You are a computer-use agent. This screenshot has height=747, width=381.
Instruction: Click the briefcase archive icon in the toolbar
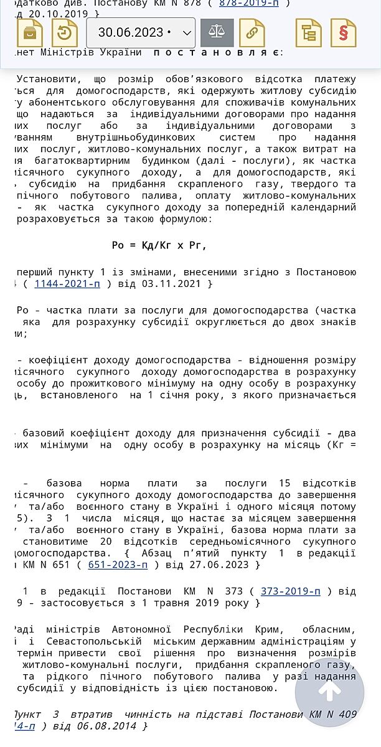(30, 33)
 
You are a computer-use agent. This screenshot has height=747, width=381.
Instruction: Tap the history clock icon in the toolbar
(64, 33)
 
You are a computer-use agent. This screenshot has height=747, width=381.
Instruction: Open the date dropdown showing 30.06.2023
(141, 33)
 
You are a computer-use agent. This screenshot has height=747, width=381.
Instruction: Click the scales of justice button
(217, 33)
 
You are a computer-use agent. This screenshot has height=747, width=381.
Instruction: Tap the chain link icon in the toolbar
(252, 33)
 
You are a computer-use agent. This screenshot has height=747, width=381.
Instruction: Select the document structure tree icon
(308, 33)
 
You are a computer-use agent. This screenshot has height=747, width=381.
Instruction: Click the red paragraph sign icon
(343, 33)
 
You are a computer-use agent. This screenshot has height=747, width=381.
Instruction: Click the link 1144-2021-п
(67, 284)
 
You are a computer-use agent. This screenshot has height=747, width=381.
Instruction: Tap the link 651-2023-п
(118, 565)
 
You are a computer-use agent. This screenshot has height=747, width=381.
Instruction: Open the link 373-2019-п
(291, 591)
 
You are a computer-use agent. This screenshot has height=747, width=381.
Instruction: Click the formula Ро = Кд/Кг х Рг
(159, 245)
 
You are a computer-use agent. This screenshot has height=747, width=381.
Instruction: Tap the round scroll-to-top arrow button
(329, 692)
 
